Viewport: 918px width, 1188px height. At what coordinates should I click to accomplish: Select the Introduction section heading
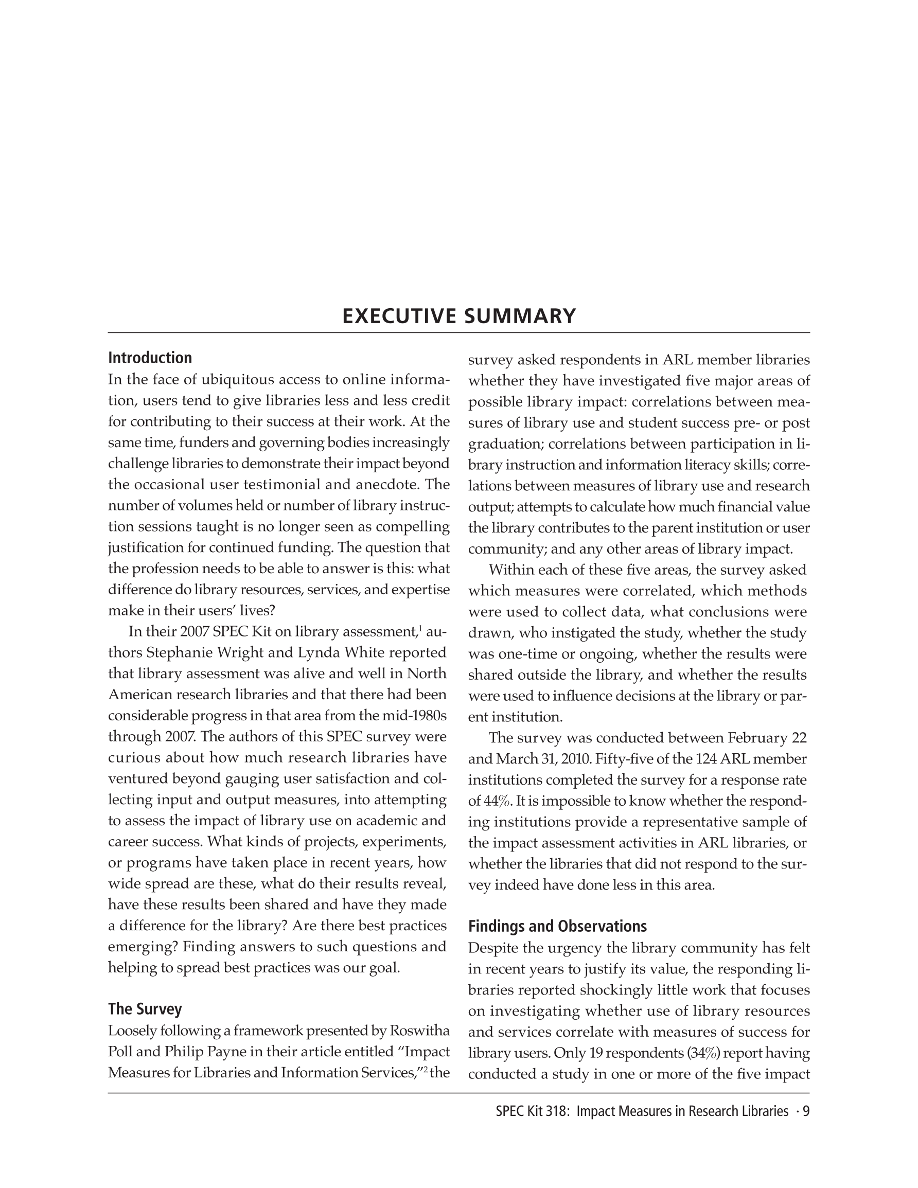coord(150,358)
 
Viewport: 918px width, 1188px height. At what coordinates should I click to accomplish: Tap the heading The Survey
coord(145,1009)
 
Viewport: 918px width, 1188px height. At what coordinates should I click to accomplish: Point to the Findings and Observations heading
coord(558,926)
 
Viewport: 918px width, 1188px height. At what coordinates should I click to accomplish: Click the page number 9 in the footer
coord(806,1111)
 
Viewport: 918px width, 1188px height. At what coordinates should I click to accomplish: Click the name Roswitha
coord(419,1030)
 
